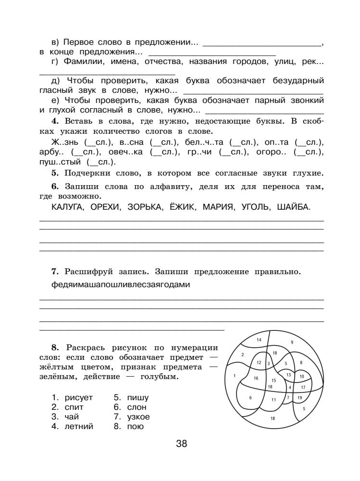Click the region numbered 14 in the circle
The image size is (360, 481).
pyautogui.click(x=259, y=340)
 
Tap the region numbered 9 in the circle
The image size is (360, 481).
pyautogui.click(x=292, y=342)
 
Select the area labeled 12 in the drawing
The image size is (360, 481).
pyautogui.click(x=259, y=363)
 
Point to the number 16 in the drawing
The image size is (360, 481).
pyautogui.click(x=256, y=378)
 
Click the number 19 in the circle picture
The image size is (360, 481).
pyautogui.click(x=299, y=397)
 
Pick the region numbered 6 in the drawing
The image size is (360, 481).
pyautogui.click(x=251, y=397)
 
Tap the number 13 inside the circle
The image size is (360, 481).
pyautogui.click(x=288, y=374)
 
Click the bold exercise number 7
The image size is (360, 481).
pyautogui.click(x=54, y=272)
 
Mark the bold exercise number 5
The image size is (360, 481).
pyautogui.click(x=54, y=173)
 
